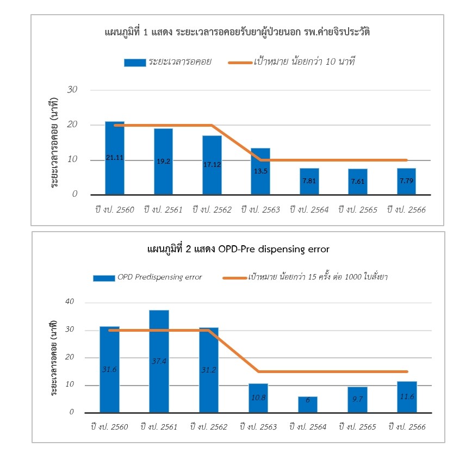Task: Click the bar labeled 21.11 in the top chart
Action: (x=114, y=158)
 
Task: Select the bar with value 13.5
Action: (x=260, y=171)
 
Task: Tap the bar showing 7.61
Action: (x=358, y=181)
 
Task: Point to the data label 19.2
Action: (x=163, y=162)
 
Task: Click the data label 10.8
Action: (x=258, y=398)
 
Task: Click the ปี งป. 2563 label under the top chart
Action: (x=260, y=209)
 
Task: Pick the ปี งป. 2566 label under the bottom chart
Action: (x=407, y=427)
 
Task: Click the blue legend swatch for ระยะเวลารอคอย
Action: (x=134, y=62)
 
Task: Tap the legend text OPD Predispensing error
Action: (x=159, y=277)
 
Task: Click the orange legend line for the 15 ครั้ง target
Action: (x=234, y=277)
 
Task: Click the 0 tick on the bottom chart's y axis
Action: (x=71, y=412)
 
